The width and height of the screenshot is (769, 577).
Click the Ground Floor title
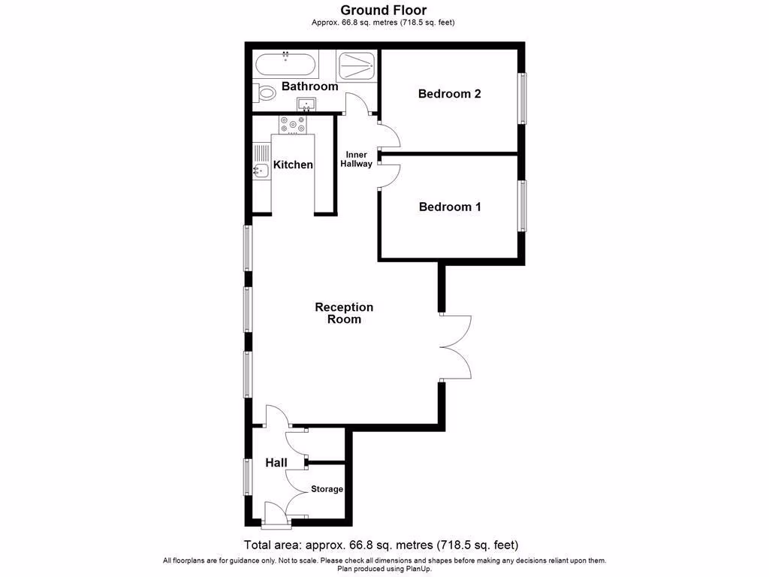(384, 10)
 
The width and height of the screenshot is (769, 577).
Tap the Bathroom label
(309, 86)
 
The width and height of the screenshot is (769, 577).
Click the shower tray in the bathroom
(357, 65)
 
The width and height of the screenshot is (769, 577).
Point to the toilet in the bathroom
(264, 93)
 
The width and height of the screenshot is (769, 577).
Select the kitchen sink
(260, 171)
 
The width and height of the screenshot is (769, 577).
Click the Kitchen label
(293, 165)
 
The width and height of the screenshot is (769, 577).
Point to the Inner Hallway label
(356, 159)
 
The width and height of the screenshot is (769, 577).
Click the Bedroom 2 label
(449, 94)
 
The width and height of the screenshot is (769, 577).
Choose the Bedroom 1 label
(449, 207)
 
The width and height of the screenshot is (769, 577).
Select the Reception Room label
(344, 313)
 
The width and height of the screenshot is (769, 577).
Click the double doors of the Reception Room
(455, 347)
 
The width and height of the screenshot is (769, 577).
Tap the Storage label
(327, 489)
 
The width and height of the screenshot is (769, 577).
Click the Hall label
(276, 463)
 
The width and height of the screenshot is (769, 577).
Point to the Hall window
(247, 476)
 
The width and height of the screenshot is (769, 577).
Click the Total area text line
(381, 545)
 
